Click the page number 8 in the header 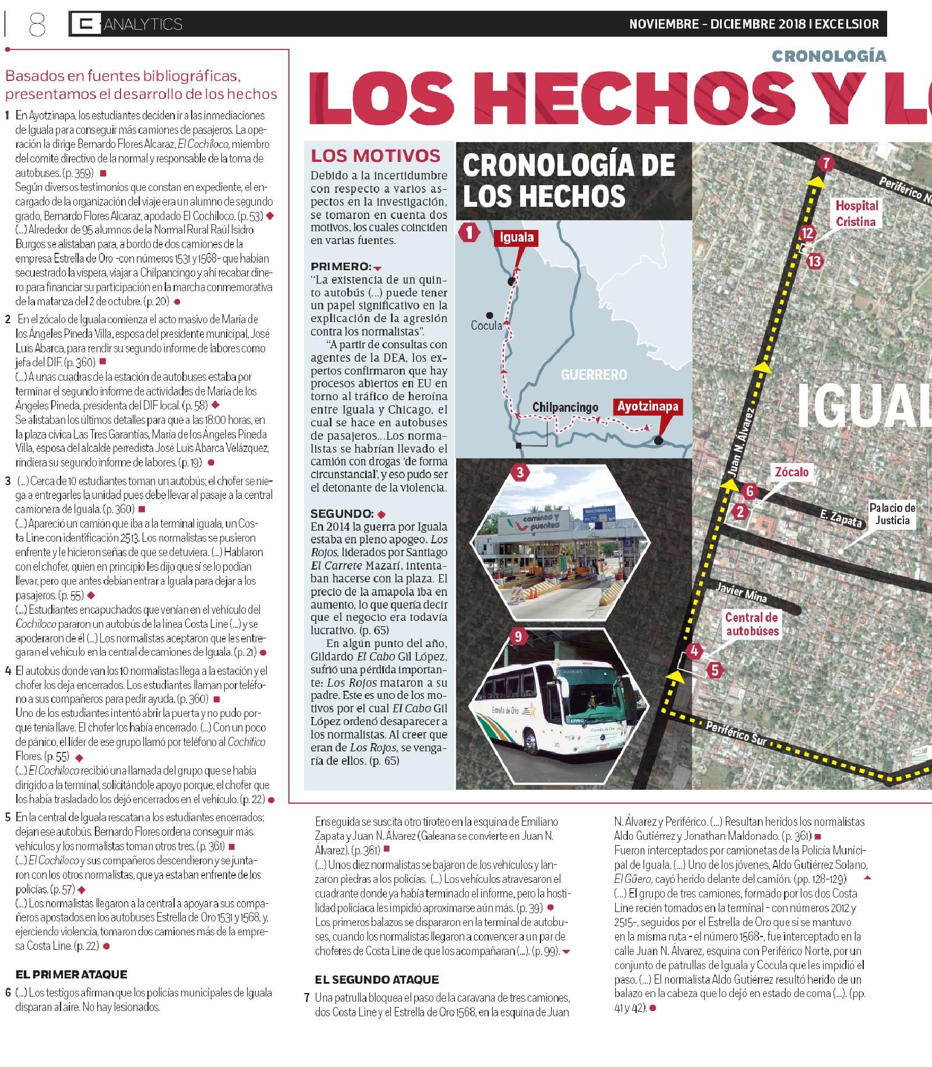[36, 24]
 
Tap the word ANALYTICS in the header [143, 24]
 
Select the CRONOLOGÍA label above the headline [829, 56]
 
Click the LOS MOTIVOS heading [375, 156]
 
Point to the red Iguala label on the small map [516, 238]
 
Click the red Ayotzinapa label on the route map [648, 406]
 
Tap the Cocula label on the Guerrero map [486, 326]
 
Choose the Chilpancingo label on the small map [565, 407]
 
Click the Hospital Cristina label [856, 213]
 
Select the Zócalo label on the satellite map [791, 471]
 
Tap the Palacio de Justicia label [892, 514]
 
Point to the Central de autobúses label [751, 623]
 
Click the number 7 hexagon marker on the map [825, 163]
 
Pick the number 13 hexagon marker [814, 261]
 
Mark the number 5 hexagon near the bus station [715, 670]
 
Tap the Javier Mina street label [741, 594]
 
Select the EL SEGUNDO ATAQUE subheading [377, 979]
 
